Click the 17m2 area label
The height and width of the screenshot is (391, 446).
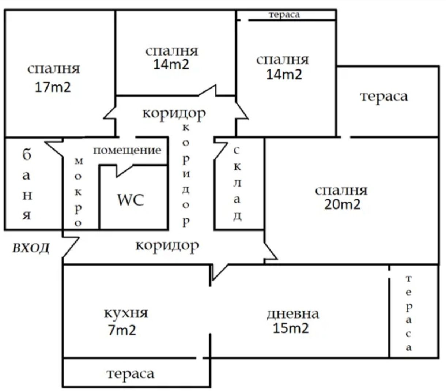pyautogui.click(x=53, y=87)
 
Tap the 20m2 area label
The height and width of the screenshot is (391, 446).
pyautogui.click(x=342, y=204)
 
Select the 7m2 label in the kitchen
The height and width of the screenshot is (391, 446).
pyautogui.click(x=122, y=330)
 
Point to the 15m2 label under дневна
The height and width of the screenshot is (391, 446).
pyautogui.click(x=291, y=328)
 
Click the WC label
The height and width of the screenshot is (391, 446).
pyautogui.click(x=131, y=200)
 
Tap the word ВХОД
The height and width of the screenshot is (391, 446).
pyautogui.click(x=31, y=248)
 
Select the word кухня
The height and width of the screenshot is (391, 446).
pyautogui.click(x=126, y=313)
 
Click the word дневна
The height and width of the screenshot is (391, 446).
pyautogui.click(x=292, y=314)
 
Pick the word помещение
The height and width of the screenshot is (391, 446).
pyautogui.click(x=127, y=150)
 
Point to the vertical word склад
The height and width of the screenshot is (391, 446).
pyautogui.click(x=237, y=184)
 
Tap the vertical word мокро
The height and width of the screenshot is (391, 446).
pyautogui.click(x=78, y=192)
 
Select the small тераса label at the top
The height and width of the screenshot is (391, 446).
pyautogui.click(x=284, y=15)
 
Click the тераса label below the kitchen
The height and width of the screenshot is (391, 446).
pyautogui.click(x=130, y=373)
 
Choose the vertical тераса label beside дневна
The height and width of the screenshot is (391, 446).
pyautogui.click(x=409, y=313)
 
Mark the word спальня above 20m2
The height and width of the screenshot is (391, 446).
pyautogui.click(x=341, y=190)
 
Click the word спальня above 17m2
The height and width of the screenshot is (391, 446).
pyautogui.click(x=53, y=69)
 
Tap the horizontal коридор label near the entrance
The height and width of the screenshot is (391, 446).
pyautogui.click(x=167, y=245)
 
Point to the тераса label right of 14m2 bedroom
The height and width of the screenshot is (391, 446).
pyautogui.click(x=383, y=96)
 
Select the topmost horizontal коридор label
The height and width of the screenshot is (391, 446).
pyautogui.click(x=174, y=113)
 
